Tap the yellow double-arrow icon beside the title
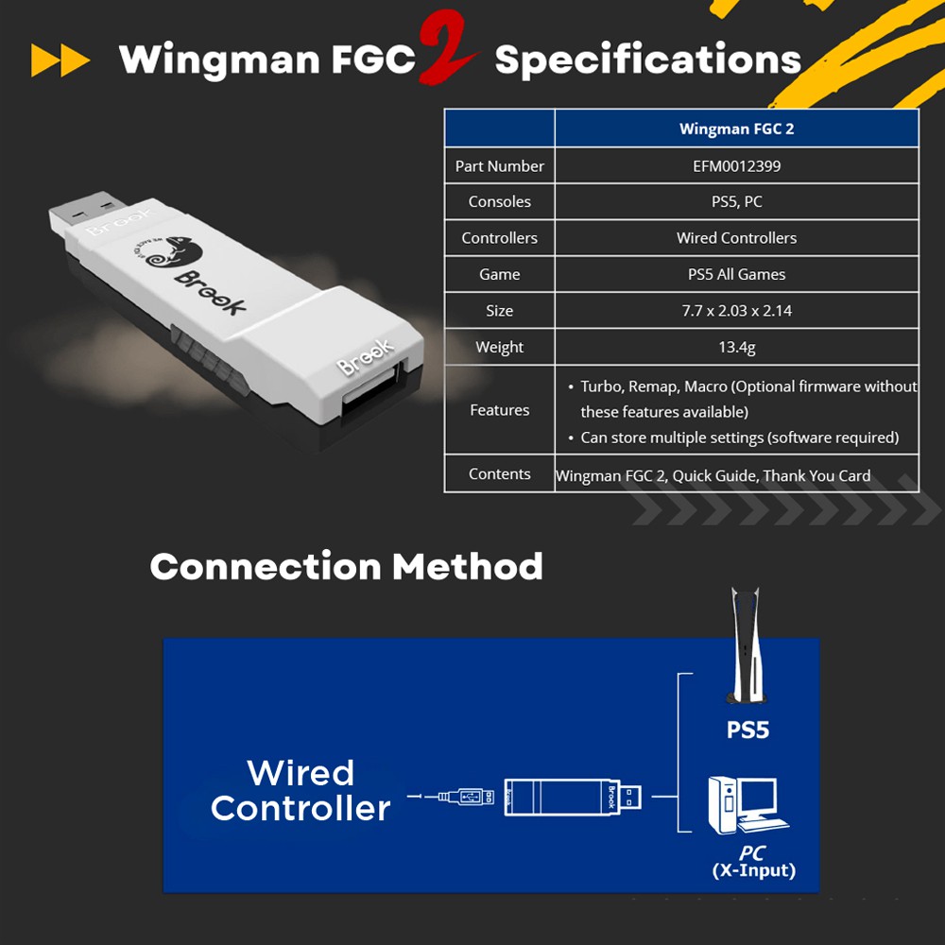tap(60, 60)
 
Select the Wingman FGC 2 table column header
tap(736, 129)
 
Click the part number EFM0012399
tap(736, 165)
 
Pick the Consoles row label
tap(499, 201)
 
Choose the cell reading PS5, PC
tap(736, 201)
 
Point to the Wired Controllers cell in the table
tap(736, 238)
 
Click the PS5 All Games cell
tap(736, 274)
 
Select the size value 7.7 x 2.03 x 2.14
tap(736, 311)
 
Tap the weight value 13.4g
tap(736, 347)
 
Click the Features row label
tap(499, 410)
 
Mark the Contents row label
tap(499, 474)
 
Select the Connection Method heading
tap(346, 567)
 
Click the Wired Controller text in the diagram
tap(301, 790)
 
